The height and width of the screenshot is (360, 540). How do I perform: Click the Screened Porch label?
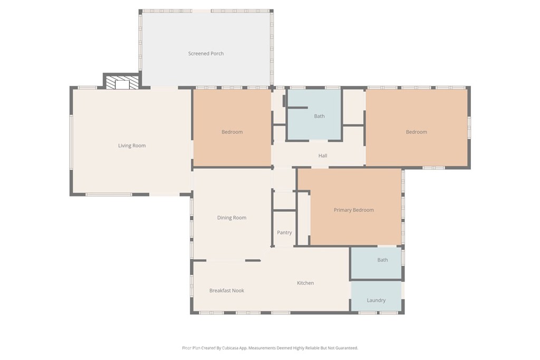point(206,53)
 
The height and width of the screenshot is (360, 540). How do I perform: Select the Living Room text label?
point(132,145)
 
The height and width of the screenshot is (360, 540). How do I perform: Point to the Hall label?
point(323,155)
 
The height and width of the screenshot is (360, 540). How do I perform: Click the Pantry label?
point(284,232)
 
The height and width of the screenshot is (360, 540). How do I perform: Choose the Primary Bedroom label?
point(353,210)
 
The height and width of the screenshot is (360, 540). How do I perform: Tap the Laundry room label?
point(376,300)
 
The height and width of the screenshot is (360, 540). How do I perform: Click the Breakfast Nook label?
point(226,290)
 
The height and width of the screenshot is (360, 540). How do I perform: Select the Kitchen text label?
point(305,283)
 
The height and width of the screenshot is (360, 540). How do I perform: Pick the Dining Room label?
point(232,218)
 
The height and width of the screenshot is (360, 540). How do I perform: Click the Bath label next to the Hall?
point(319,116)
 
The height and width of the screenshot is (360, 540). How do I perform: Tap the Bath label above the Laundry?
point(382,260)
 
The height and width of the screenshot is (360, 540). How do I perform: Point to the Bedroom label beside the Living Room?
point(232,132)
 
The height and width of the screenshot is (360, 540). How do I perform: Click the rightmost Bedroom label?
point(416,132)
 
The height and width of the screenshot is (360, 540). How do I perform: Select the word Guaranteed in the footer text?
point(345,348)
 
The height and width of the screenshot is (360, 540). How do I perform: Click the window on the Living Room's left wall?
point(71,142)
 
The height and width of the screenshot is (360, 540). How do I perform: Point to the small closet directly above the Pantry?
point(284,201)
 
